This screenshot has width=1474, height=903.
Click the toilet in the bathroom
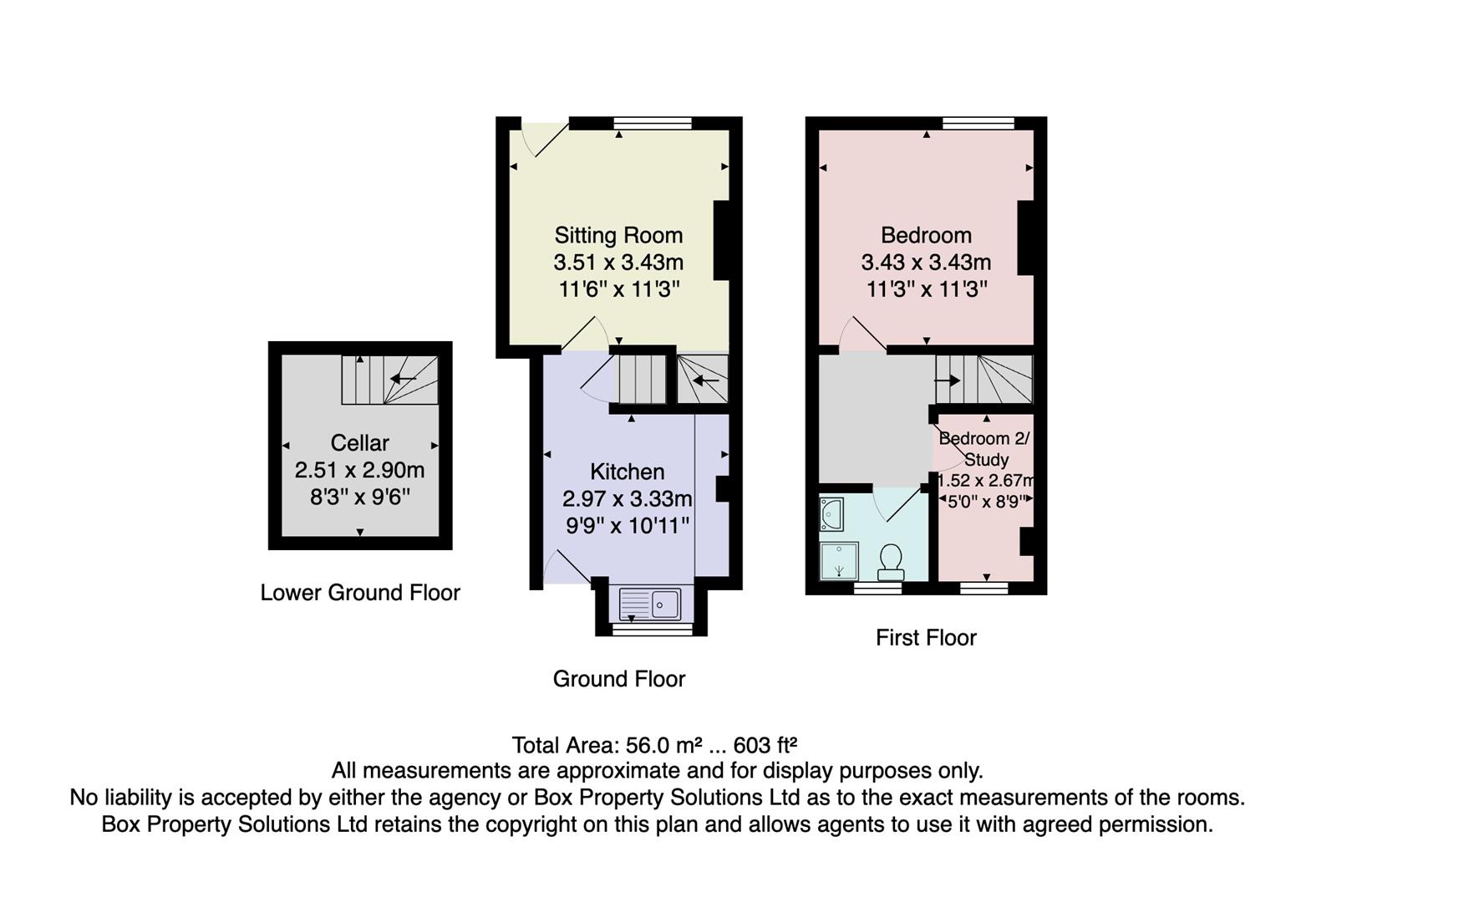click(891, 561)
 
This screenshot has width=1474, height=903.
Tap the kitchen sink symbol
click(651, 603)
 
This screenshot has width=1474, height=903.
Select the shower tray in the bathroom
click(839, 561)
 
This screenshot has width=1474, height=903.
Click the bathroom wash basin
click(831, 514)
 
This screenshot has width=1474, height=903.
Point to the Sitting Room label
click(618, 235)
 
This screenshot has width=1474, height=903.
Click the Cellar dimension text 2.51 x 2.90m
click(359, 470)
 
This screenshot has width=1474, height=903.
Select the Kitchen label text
click(627, 472)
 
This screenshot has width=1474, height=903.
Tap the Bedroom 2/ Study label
click(985, 449)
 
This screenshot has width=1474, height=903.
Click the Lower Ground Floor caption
click(360, 593)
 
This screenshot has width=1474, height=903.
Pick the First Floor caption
click(926, 638)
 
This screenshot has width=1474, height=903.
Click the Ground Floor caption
click(619, 679)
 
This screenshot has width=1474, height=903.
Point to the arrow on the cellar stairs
click(403, 379)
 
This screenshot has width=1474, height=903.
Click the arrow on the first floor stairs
click(947, 380)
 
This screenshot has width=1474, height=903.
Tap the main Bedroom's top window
click(978, 124)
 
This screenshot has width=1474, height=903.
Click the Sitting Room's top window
click(653, 124)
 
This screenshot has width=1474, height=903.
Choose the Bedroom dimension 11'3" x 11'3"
click(926, 289)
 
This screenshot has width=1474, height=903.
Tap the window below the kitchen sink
click(653, 629)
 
